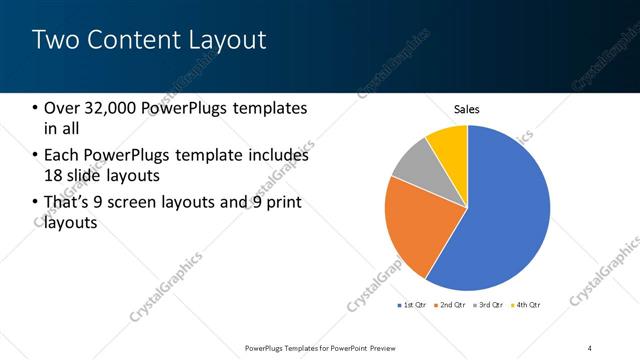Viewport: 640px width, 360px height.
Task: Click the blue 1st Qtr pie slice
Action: tap(505, 210)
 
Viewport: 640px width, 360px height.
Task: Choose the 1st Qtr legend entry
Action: tap(414, 304)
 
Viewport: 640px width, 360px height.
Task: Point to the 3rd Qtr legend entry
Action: tap(489, 304)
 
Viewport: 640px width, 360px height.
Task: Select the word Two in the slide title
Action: tap(54, 40)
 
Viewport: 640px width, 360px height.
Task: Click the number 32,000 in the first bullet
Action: tap(114, 108)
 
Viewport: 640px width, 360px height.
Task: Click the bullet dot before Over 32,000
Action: tap(35, 108)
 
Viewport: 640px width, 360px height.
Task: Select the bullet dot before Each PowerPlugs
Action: tap(35, 156)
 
